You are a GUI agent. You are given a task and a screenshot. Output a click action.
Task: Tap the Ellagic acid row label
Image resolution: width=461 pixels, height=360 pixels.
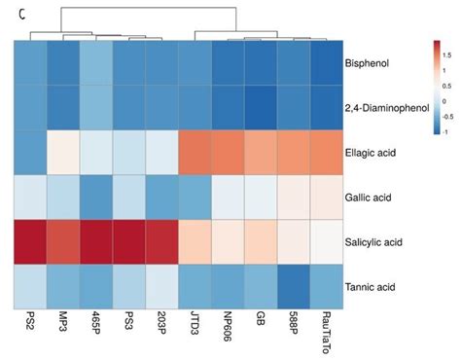pos(372,153)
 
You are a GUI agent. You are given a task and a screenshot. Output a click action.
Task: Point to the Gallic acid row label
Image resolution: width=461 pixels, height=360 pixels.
pos(371,198)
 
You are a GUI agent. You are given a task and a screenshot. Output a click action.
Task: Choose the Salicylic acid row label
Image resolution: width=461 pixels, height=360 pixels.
pos(374,242)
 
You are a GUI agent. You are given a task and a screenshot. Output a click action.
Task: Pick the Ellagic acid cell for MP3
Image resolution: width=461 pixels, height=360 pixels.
pos(63,153)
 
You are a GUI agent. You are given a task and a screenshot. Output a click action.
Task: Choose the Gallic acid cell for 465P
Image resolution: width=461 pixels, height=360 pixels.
pos(96,198)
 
